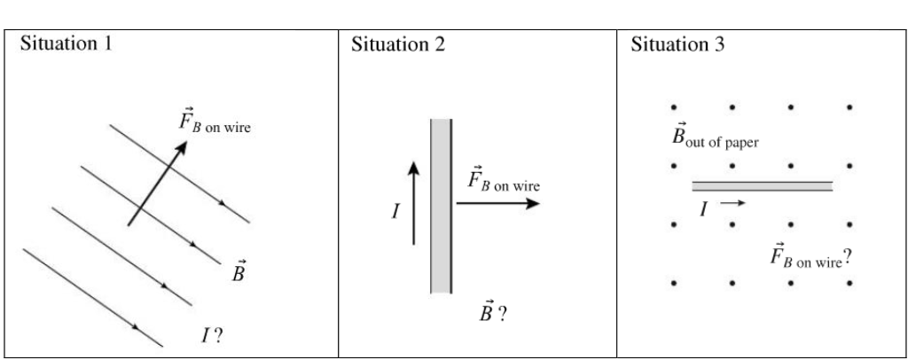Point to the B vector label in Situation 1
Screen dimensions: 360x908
coord(237,270)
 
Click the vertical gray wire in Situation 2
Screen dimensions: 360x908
coord(442,205)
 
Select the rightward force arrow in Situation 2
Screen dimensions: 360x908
coord(497,203)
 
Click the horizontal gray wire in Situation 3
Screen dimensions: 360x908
coord(763,186)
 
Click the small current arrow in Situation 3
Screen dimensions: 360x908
coord(733,203)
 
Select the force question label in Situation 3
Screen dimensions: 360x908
coord(810,258)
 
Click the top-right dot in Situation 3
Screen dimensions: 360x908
coord(849,108)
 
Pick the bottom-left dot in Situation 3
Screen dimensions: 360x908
coord(676,284)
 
